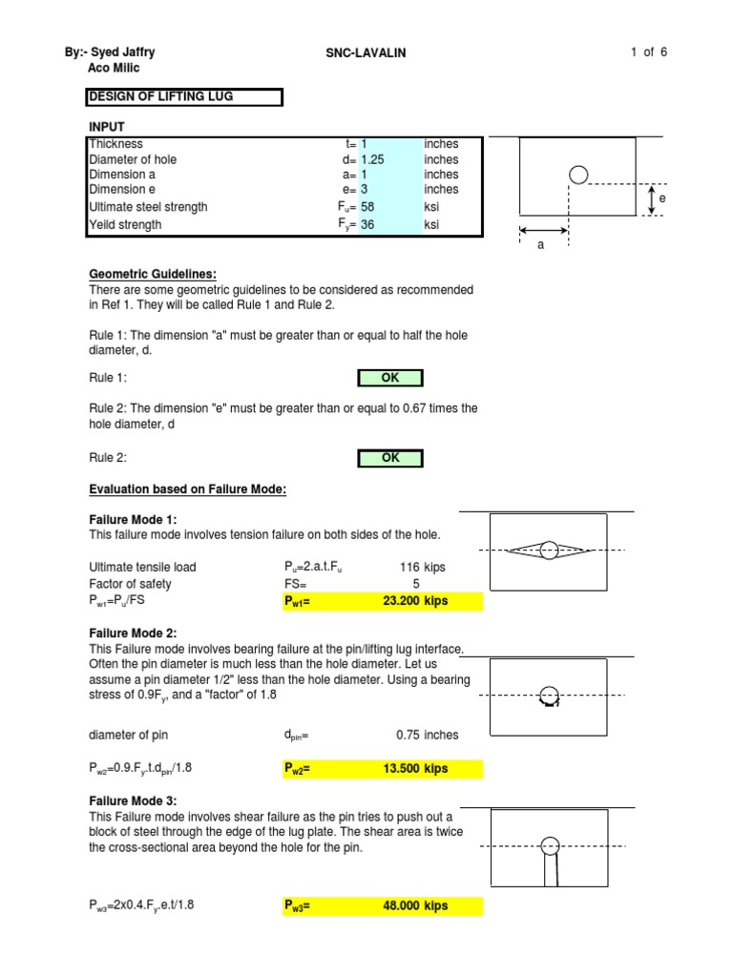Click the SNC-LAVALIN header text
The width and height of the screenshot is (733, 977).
click(366, 53)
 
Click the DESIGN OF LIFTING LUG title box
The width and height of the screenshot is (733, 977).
click(184, 96)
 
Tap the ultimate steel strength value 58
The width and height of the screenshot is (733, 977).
click(368, 207)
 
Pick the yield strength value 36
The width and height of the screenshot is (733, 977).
click(368, 224)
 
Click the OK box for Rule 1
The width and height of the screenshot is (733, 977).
click(389, 378)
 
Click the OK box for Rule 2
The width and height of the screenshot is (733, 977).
click(389, 458)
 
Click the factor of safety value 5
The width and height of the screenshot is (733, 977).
click(415, 583)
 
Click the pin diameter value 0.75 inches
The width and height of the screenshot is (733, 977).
click(427, 735)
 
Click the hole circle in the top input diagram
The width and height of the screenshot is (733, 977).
click(578, 174)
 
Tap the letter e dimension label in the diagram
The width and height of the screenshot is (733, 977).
click(661, 198)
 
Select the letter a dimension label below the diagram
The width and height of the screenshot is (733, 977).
click(541, 245)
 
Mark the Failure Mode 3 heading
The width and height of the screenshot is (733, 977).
click(133, 800)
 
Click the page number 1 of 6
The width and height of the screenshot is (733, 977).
click(648, 52)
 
